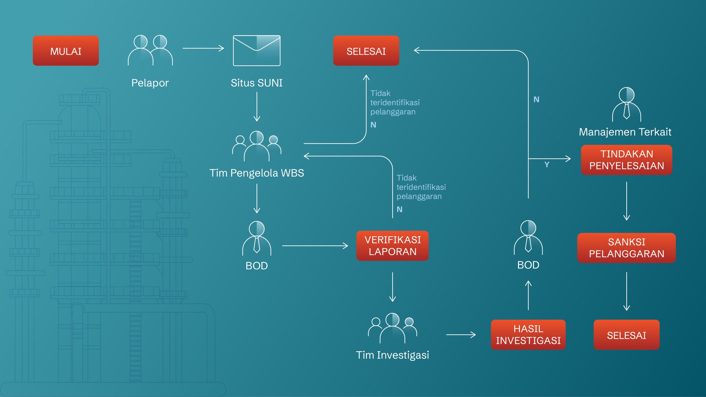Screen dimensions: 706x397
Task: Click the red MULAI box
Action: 66,50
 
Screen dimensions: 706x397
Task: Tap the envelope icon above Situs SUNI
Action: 256,50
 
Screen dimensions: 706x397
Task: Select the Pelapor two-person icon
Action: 150,50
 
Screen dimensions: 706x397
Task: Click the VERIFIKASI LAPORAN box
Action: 392,246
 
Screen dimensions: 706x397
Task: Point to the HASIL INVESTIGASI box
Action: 528,334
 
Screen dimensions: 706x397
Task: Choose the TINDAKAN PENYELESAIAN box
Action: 627,160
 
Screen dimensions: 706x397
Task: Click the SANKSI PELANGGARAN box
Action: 627,248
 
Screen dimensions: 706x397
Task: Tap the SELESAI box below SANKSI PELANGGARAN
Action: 627,335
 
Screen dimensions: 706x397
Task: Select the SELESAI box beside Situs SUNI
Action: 366,50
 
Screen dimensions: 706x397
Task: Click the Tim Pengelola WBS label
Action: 257,173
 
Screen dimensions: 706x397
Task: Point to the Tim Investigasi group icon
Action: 392,328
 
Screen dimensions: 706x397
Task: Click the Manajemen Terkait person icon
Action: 627,104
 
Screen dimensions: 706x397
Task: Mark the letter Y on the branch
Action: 547,165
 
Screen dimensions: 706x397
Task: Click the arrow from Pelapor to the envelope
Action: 203,48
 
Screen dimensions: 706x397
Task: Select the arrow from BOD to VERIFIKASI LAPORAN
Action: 315,246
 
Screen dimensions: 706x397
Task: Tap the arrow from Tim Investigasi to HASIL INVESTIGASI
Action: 461,335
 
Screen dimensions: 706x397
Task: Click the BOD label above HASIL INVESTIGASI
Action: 528,265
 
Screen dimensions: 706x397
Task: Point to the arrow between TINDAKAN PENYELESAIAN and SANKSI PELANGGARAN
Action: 627,201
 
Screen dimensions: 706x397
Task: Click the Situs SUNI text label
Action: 257,83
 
